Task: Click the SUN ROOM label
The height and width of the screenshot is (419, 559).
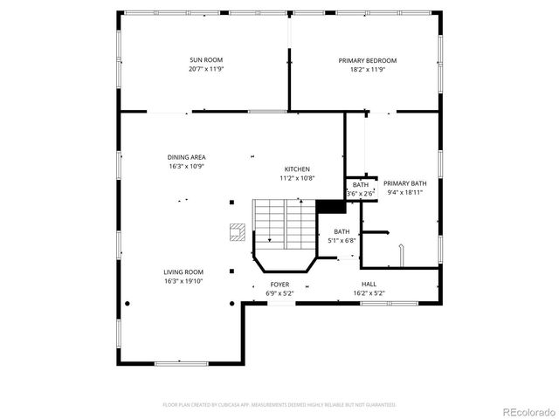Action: [201, 60]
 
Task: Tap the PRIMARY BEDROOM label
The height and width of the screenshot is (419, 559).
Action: [368, 60]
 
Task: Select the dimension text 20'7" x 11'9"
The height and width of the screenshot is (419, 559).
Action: [201, 69]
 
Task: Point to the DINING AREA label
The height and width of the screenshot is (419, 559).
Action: [186, 157]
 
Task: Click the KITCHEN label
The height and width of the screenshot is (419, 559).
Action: [297, 169]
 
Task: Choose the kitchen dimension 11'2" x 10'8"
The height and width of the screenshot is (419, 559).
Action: [297, 178]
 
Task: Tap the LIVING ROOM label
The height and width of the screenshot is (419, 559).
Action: [183, 271]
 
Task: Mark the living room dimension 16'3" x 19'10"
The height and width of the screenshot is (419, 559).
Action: [183, 280]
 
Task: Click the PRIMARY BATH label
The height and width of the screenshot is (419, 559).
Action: [405, 183]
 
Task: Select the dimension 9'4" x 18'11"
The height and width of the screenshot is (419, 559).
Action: [405, 192]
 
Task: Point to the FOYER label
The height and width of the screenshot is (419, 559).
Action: [279, 285]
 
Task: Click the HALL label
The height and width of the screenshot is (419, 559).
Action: [369, 285]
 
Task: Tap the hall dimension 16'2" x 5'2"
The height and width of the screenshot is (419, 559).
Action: [369, 293]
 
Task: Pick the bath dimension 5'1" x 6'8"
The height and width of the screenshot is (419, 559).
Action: [341, 240]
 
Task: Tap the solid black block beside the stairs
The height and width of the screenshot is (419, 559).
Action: [330, 207]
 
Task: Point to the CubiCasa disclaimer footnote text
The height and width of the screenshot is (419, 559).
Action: [279, 405]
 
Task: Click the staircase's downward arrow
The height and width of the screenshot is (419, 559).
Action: [270, 237]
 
